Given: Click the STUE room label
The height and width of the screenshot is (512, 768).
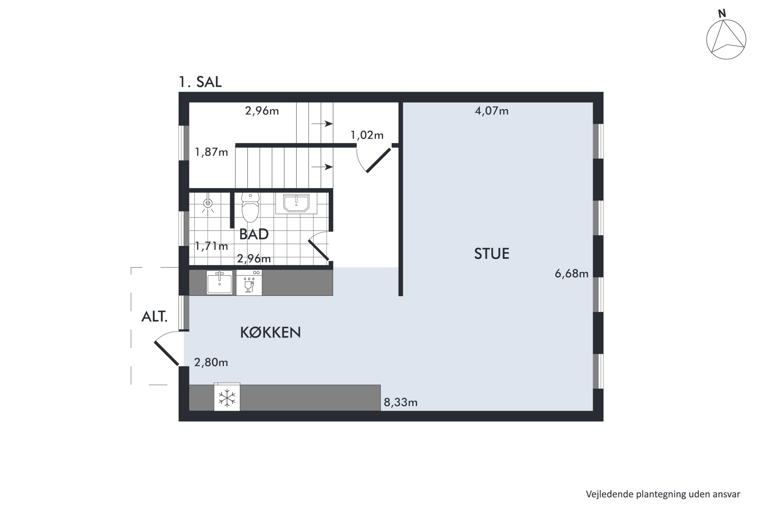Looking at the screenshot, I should (x=492, y=254).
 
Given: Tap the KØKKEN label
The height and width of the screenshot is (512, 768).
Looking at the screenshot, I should (x=270, y=332).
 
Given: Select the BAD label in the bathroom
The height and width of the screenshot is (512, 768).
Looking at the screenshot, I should (x=254, y=234).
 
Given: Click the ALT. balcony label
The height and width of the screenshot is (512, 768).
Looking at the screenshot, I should (x=154, y=317).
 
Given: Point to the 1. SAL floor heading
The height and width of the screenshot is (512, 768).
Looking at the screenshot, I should (x=200, y=82).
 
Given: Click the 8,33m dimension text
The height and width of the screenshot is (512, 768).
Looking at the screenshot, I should (x=401, y=402).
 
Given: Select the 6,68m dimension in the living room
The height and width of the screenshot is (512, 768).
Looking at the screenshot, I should (x=571, y=273).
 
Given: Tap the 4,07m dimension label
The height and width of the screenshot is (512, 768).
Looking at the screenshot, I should (x=492, y=111).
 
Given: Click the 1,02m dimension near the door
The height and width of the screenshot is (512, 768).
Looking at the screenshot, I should (x=367, y=135).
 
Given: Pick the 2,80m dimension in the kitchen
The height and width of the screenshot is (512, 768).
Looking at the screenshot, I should (x=211, y=362).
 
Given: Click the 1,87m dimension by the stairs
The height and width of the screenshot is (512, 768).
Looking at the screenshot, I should (x=211, y=152).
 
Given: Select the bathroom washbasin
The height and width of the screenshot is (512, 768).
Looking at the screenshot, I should (x=296, y=204).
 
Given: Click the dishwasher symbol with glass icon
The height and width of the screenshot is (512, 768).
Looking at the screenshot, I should (x=249, y=283).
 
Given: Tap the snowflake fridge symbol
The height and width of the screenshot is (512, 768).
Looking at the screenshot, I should (x=227, y=398).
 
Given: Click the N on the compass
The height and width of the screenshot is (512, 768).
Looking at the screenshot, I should (x=722, y=13).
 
